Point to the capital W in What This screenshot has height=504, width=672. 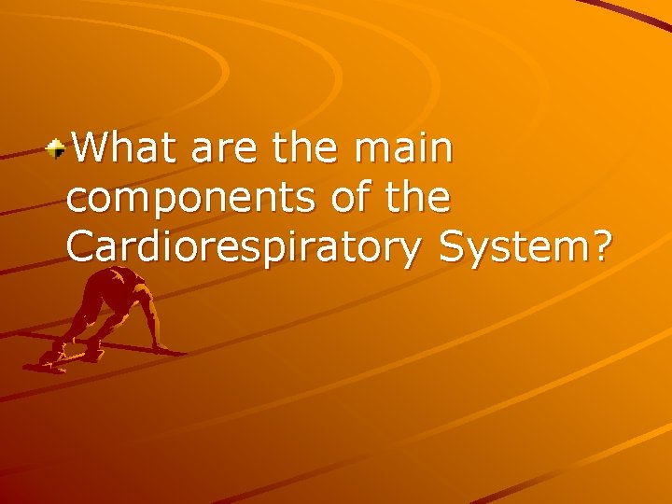pos(91,148)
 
